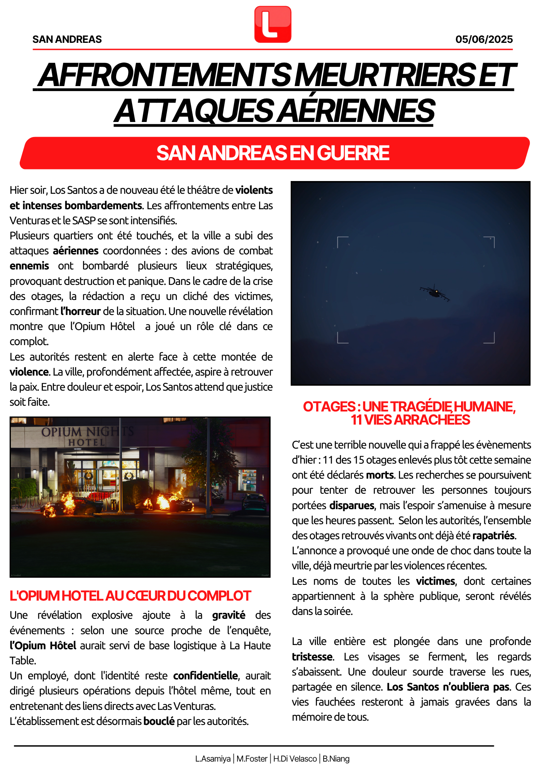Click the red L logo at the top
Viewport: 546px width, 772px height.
click(x=273, y=24)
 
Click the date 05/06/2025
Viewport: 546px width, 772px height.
click(x=484, y=39)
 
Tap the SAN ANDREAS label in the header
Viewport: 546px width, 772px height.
click(x=67, y=39)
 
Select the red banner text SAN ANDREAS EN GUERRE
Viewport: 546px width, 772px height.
click(x=273, y=153)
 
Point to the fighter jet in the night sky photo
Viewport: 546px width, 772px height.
click(x=435, y=292)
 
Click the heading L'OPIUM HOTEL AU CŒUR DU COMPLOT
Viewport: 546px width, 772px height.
click(x=130, y=596)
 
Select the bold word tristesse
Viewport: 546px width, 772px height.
click(x=312, y=657)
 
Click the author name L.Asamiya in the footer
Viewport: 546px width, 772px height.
click(x=213, y=759)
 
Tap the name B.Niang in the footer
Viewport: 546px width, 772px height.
click(x=336, y=759)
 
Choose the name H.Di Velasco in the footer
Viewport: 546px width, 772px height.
click(x=295, y=759)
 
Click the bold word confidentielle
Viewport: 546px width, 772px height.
click(x=205, y=675)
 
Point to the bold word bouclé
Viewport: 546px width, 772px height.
click(x=159, y=721)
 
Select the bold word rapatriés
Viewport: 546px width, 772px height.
click(x=493, y=536)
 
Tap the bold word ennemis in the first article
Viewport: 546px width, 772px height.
click(x=29, y=266)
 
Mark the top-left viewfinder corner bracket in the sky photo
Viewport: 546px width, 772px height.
click(x=343, y=242)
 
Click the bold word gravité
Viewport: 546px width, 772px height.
click(x=229, y=615)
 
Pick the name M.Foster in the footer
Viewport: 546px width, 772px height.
click(x=252, y=759)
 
